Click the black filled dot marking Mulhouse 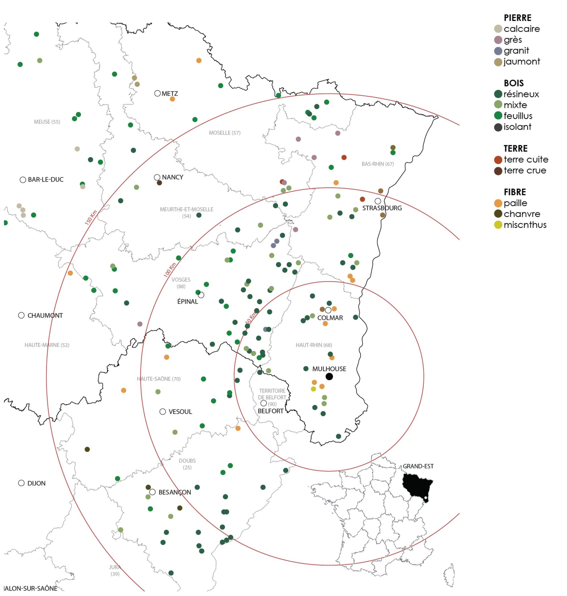coord(329,376)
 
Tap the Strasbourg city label coord(382,208)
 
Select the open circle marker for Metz coord(157,93)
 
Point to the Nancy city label coord(173,177)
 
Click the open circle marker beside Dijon coord(21,483)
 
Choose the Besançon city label coord(175,492)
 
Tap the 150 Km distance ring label coord(91,217)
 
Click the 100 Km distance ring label coord(170,270)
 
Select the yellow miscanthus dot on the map coord(314,389)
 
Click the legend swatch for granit coord(498,51)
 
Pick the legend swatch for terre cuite coord(498,160)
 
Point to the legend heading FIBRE coord(515,192)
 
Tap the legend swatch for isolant coord(498,127)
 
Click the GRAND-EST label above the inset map coord(418,466)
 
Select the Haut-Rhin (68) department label coord(314,345)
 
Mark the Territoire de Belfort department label coord(272,394)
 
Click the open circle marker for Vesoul coord(163,412)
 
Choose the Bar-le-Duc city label coord(46,179)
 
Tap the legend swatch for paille coord(498,203)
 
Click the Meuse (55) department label coord(47,122)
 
